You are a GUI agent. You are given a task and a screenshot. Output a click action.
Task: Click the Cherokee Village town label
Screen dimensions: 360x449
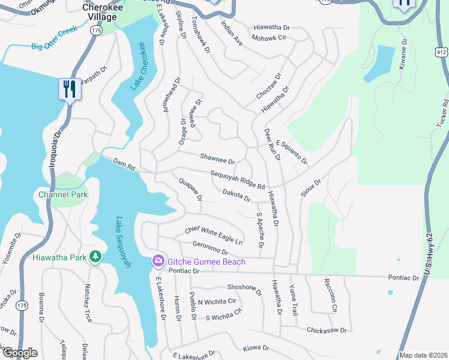pyautogui.click(x=99, y=12)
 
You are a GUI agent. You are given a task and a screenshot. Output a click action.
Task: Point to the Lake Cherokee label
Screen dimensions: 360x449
pyautogui.click(x=139, y=67)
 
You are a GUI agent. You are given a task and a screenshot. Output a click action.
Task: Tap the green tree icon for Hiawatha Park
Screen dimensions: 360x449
pyautogui.click(x=95, y=257)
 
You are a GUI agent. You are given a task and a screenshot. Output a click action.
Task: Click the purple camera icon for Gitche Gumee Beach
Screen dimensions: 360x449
pyautogui.click(x=158, y=260)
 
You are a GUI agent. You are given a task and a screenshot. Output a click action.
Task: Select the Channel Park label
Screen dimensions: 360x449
pyautogui.click(x=63, y=194)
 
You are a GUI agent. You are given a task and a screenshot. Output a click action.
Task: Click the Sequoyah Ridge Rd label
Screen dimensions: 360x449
pyautogui.click(x=238, y=180)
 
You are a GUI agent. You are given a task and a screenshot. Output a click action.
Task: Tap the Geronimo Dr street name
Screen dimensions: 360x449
pyautogui.click(x=210, y=248)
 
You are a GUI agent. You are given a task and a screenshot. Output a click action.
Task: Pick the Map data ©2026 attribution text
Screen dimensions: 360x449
pyautogui.click(x=423, y=355)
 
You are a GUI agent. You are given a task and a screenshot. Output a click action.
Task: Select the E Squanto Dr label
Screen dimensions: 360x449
pyautogui.click(x=292, y=153)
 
